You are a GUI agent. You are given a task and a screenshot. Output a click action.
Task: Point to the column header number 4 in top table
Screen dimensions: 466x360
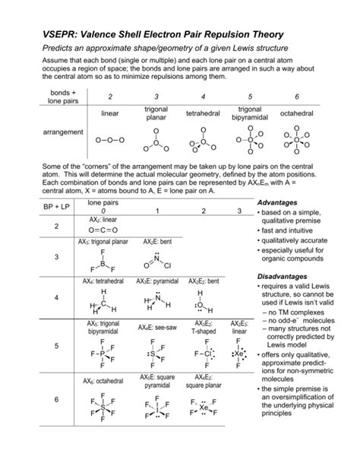(x=204, y=97)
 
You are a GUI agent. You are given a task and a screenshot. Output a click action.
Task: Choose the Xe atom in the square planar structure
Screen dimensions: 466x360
(x=203, y=407)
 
